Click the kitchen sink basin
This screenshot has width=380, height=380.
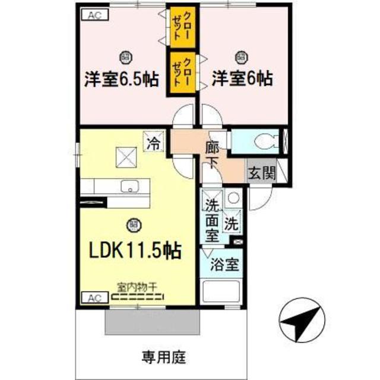(129, 187)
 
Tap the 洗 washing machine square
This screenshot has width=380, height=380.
(232, 225)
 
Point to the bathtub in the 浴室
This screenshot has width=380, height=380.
(221, 293)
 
